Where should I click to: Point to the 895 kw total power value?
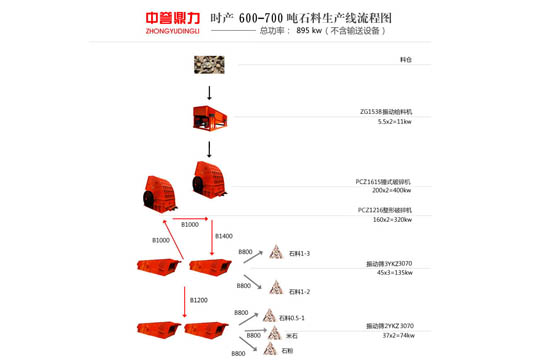(x=312, y=31)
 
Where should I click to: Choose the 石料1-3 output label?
(x=300, y=255)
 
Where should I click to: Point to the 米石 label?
(x=291, y=335)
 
